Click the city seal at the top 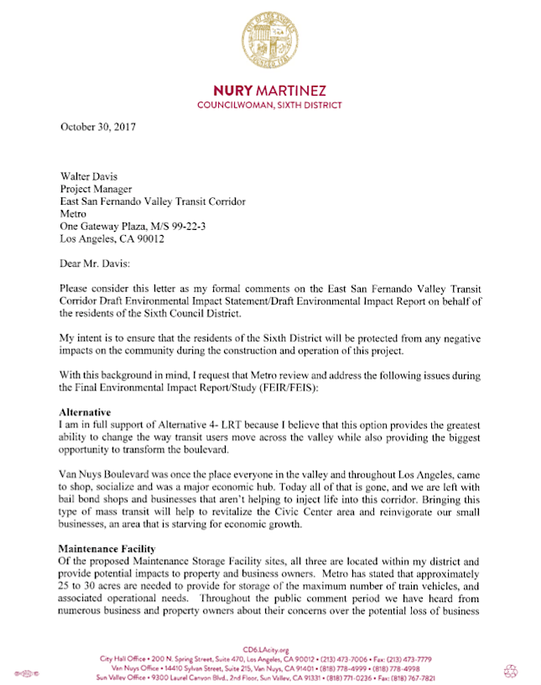269,41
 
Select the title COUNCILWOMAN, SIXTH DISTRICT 269,106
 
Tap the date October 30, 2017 98,127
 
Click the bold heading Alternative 87,413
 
